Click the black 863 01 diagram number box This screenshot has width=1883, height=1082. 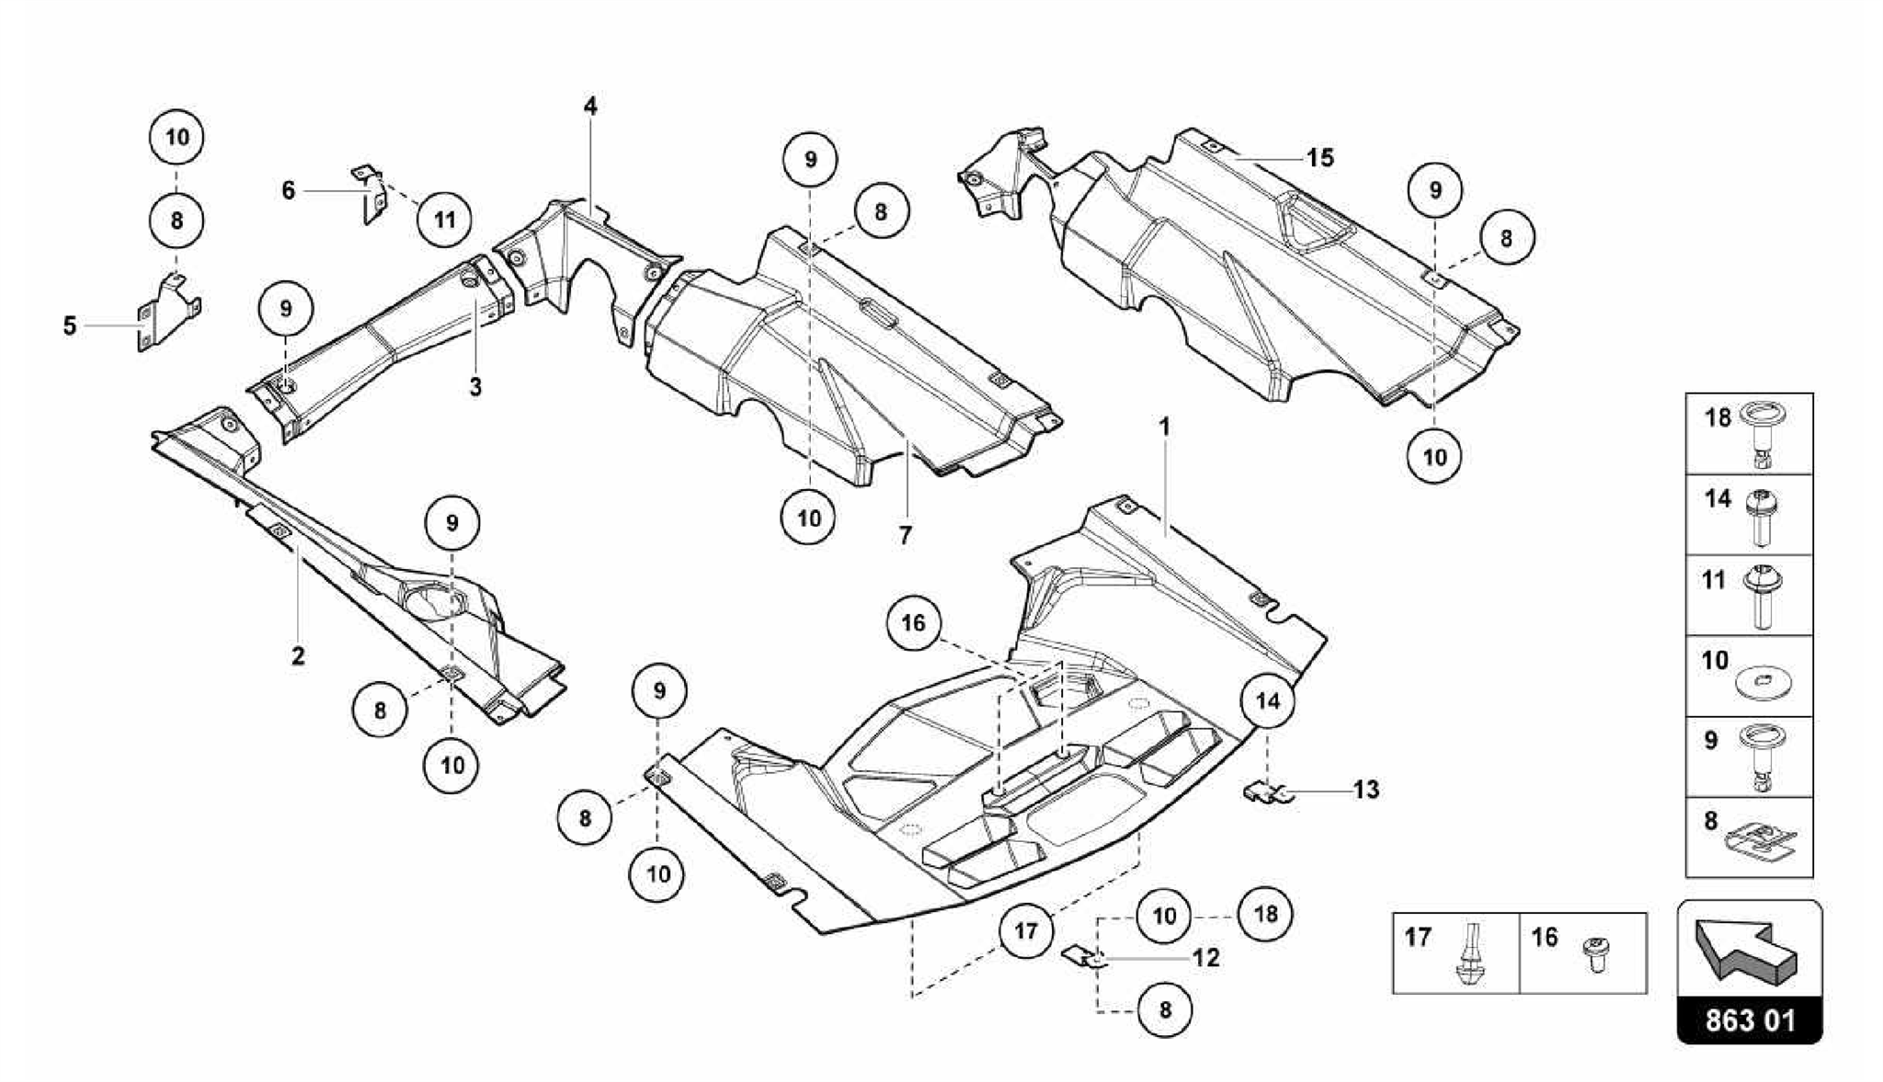(x=1750, y=1020)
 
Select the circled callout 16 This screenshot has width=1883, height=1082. (x=913, y=623)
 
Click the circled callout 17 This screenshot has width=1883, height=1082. (x=1026, y=931)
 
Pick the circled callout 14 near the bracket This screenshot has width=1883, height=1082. (x=1268, y=701)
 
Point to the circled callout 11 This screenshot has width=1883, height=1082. (x=444, y=220)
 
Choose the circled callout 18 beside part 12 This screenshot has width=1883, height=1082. (x=1265, y=915)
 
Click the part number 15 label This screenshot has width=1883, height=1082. (x=1319, y=158)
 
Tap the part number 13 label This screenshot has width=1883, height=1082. (x=1366, y=790)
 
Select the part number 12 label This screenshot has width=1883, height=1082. (x=1205, y=958)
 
